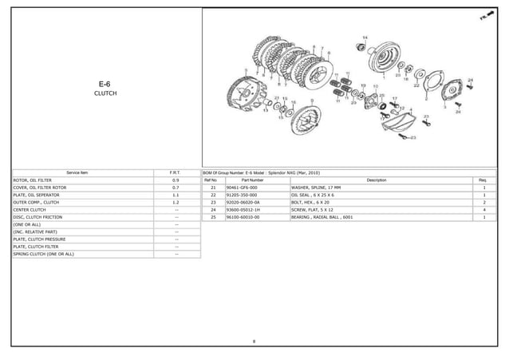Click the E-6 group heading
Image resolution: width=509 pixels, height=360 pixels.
tap(105, 83)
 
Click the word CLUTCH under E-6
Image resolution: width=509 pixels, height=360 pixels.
tap(105, 93)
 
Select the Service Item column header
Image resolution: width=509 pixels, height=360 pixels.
tap(77, 172)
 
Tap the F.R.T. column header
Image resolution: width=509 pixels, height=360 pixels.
tap(175, 172)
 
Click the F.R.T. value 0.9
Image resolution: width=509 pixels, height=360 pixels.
tap(175, 180)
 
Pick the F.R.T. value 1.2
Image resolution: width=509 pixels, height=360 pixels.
tap(175, 203)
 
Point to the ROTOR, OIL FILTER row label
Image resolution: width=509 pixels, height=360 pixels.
tap(33, 180)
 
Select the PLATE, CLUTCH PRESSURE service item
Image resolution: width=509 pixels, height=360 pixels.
tap(39, 239)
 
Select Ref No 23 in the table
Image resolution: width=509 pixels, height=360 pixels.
tap(213, 203)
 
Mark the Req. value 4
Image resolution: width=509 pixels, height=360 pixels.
tap(484, 210)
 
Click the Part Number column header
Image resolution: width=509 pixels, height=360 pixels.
tap(252, 180)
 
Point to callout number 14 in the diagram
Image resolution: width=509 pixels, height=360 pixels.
tap(365, 38)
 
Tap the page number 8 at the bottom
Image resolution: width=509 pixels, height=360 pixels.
tap(254, 342)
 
